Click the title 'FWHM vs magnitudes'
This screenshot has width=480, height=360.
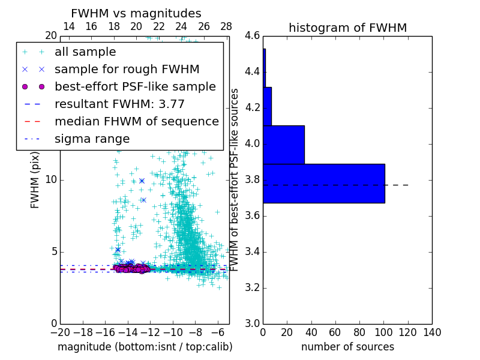point(136,14)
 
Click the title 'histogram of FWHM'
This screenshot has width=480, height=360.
point(347,28)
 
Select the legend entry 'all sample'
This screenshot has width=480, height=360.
point(85,52)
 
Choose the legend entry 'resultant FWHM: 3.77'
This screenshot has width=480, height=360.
point(119,104)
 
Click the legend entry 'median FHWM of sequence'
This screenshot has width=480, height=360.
point(136,121)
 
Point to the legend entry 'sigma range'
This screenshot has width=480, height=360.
point(92,139)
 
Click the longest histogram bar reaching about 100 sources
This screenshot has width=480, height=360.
point(323,183)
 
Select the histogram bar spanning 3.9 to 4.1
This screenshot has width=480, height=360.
point(283,145)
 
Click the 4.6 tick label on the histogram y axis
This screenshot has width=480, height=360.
point(253,36)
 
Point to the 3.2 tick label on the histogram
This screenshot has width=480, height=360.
point(253,287)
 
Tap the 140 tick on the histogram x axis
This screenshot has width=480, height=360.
point(432,332)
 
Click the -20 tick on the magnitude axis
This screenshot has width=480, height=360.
point(60,332)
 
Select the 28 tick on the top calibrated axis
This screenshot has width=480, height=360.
point(226,26)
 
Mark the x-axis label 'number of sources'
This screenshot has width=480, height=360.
point(347,347)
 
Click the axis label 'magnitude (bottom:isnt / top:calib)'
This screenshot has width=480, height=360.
point(145,347)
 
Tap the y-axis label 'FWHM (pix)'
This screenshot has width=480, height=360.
point(35,179)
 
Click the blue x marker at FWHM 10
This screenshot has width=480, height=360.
point(142,181)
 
